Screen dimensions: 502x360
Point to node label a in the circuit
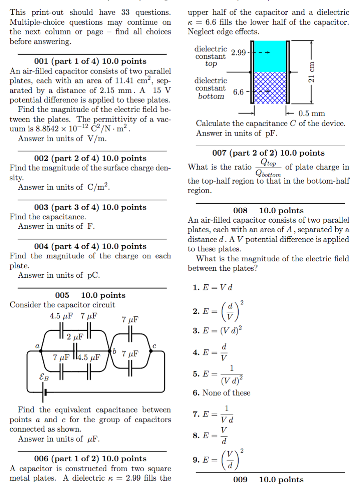pyautogui.click(x=37, y=346)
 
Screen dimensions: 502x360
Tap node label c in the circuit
pyautogui.click(x=154, y=346)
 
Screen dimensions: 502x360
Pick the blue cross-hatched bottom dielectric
pyautogui.click(x=270, y=88)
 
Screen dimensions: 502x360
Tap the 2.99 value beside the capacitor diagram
pyautogui.click(x=238, y=53)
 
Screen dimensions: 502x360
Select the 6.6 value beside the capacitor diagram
pyautogui.click(x=239, y=92)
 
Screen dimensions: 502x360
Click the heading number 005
pyautogui.click(x=62, y=295)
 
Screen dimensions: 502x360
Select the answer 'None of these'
pyautogui.click(x=222, y=393)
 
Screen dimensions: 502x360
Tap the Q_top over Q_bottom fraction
pyautogui.click(x=268, y=167)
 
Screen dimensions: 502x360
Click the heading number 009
pyautogui.click(x=240, y=479)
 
